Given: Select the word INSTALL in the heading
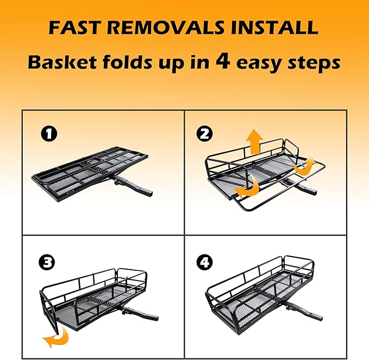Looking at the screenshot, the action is pyautogui.click(x=274, y=28).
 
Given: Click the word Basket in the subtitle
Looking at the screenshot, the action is pyautogui.click(x=62, y=63).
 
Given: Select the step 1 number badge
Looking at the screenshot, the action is pyautogui.click(x=49, y=134).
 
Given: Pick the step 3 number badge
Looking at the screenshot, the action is pyautogui.click(x=47, y=262).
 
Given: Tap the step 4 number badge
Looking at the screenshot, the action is pyautogui.click(x=204, y=262).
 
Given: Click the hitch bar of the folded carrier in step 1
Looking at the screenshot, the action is pyautogui.click(x=133, y=185).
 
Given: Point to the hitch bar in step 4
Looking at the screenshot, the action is pyautogui.click(x=303, y=308).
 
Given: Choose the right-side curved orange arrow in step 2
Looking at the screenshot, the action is pyautogui.click(x=304, y=165).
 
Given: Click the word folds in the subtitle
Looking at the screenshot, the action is pyautogui.click(x=127, y=62).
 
